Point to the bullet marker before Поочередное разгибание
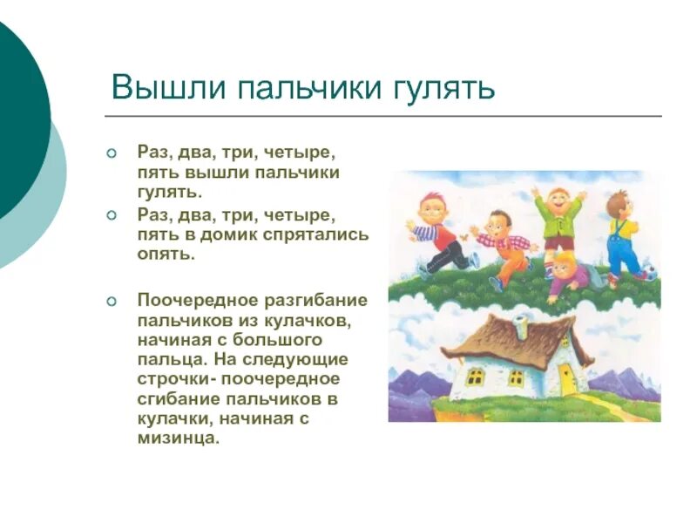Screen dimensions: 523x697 [111, 301]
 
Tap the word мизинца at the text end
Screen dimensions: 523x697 [178, 438]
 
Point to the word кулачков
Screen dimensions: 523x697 [312, 320]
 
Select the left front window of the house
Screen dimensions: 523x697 [476, 377]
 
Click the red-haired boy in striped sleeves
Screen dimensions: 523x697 [438, 231]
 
